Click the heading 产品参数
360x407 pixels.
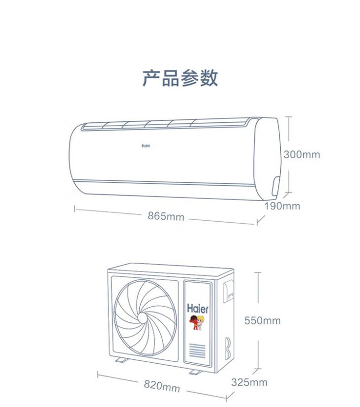coord(180,78)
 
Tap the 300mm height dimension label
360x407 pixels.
coord(302,155)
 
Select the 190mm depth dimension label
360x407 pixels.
coord(282,206)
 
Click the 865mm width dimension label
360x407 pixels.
coord(166,216)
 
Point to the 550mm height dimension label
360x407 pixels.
coord(262,320)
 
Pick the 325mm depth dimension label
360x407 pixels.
coord(249,382)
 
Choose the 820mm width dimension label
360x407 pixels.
coord(162,386)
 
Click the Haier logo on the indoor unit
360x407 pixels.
coord(146,146)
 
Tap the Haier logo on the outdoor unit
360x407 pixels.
coord(198,309)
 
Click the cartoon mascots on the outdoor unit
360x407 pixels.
coord(197,322)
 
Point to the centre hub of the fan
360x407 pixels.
coord(143,318)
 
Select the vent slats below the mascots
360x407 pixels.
coord(197,351)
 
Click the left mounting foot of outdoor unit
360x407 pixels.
coord(121,360)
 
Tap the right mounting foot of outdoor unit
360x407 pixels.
coord(196,373)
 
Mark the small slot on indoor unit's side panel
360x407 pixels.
coord(275,186)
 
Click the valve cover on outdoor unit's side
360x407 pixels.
coord(229,291)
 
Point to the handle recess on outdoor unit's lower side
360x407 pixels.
coord(228,349)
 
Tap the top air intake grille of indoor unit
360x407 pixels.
coord(164,124)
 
